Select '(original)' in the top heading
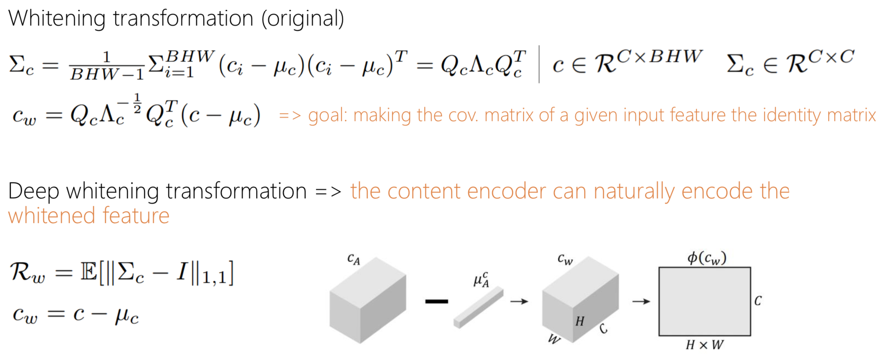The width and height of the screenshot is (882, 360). point(303,19)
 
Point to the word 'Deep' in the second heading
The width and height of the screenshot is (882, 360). point(33,192)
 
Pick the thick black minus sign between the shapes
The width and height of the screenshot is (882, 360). point(437,301)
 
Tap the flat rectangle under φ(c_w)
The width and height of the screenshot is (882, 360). point(704,301)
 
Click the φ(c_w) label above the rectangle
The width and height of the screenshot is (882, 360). point(707,258)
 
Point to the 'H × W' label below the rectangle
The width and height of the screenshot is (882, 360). point(704,345)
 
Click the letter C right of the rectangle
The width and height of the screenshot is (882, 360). point(758,301)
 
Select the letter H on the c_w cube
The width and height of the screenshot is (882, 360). point(580,321)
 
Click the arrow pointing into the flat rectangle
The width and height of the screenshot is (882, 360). point(641,301)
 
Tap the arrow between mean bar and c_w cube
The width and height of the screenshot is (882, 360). point(519,301)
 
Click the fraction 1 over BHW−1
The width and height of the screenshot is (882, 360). point(107,66)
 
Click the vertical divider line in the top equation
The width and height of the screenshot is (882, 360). point(539,64)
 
